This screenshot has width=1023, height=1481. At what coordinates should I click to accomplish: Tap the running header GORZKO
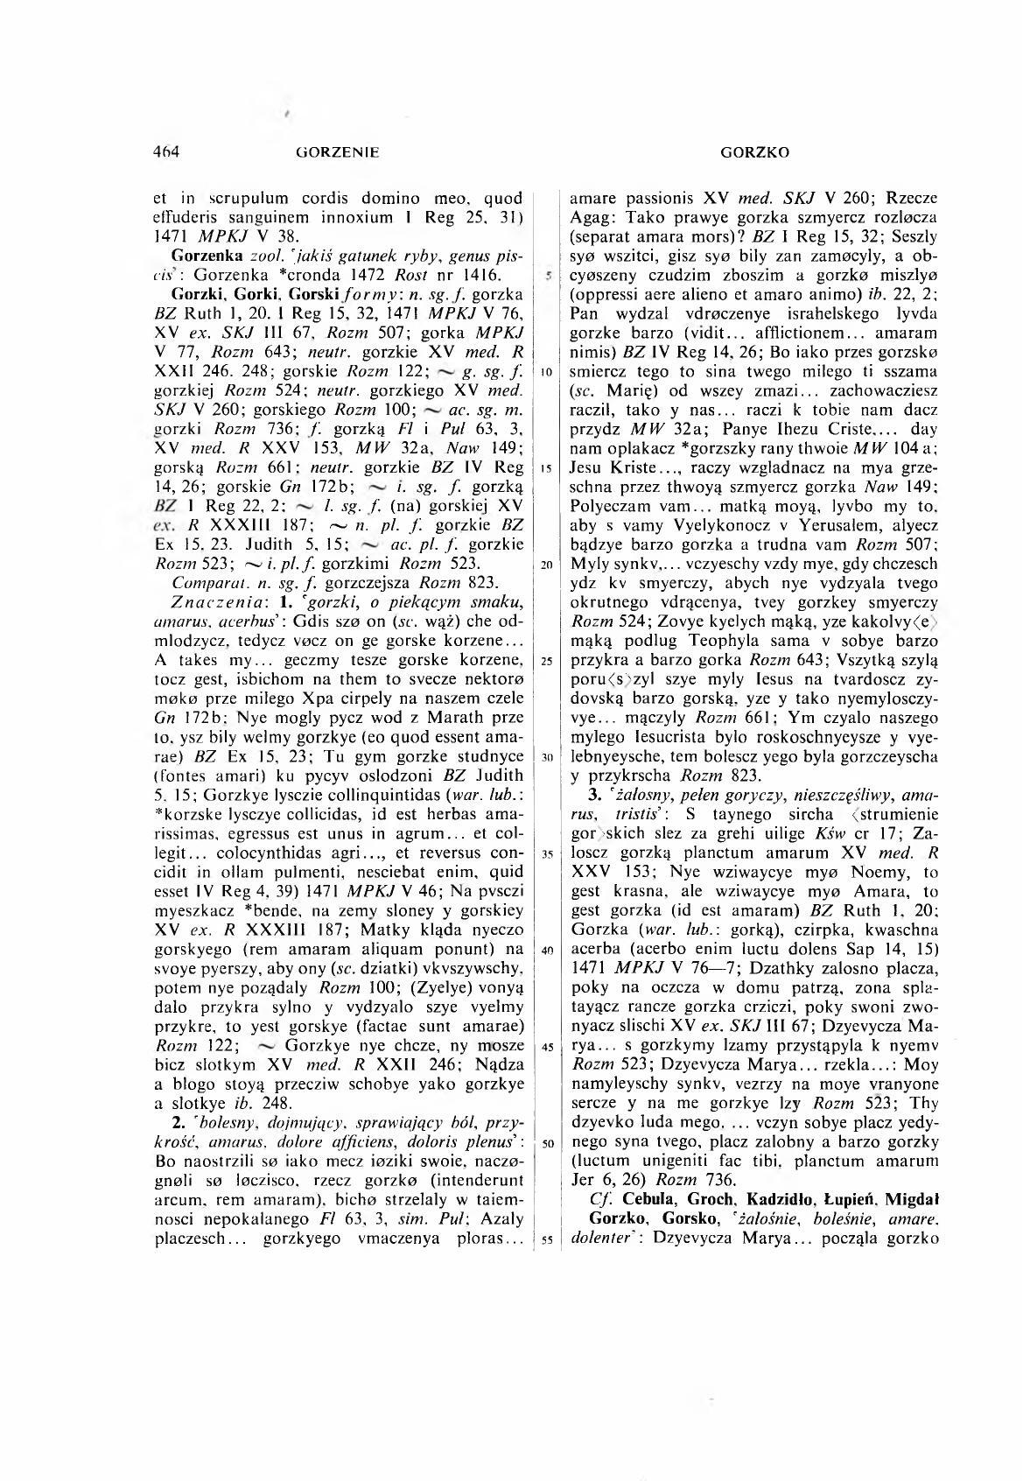pos(755,153)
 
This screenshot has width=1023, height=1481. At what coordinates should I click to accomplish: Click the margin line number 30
pos(544,755)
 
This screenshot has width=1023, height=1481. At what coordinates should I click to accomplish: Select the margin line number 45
pos(544,1048)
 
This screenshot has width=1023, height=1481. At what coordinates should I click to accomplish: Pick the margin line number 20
pos(544,564)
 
